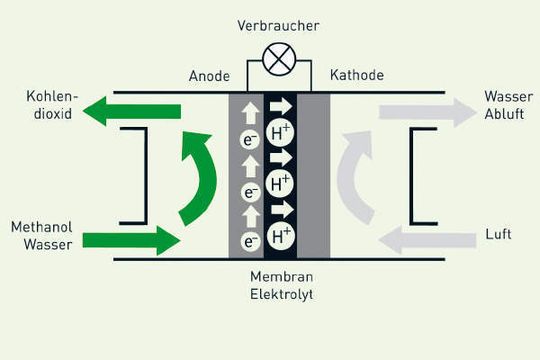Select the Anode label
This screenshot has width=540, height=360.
coord(209,76)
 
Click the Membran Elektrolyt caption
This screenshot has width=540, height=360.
coord(280,286)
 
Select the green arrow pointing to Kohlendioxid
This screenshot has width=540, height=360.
coord(130,112)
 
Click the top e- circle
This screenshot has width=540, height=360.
coord(250,140)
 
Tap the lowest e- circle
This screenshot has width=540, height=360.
coord(250,240)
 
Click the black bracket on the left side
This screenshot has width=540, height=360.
coord(140,175)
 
